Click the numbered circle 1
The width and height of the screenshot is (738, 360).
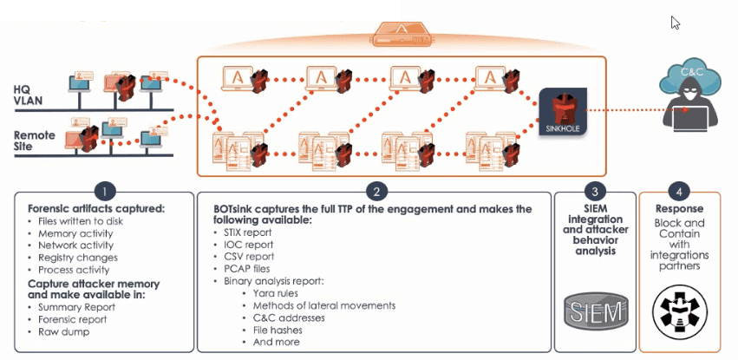click(x=105, y=190)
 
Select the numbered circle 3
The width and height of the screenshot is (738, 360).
click(x=594, y=190)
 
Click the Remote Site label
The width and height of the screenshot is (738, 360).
click(x=35, y=141)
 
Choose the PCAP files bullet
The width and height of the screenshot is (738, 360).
click(x=252, y=269)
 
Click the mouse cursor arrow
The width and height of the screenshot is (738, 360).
click(x=675, y=23)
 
